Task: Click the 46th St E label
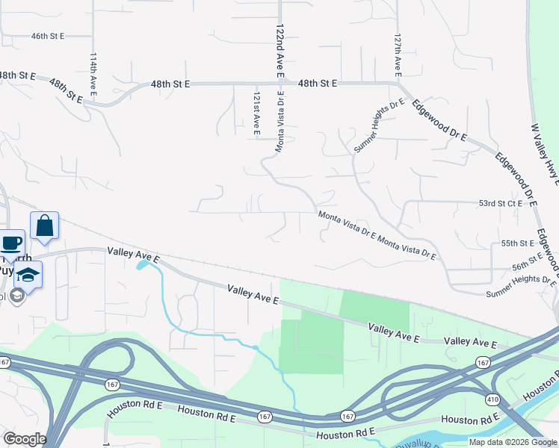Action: click(48, 35)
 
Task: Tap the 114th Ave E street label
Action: click(93, 74)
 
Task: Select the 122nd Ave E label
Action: click(279, 51)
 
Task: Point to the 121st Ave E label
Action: click(256, 113)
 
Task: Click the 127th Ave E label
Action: click(398, 54)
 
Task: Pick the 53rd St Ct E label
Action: click(499, 203)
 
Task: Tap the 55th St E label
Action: click(517, 243)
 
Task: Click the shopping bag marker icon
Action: click(44, 225)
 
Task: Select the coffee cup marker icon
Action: click(10, 243)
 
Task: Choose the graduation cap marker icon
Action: click(28, 274)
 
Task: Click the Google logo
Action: click(24, 438)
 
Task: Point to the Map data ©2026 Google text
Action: click(513, 442)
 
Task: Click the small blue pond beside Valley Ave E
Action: click(141, 264)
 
